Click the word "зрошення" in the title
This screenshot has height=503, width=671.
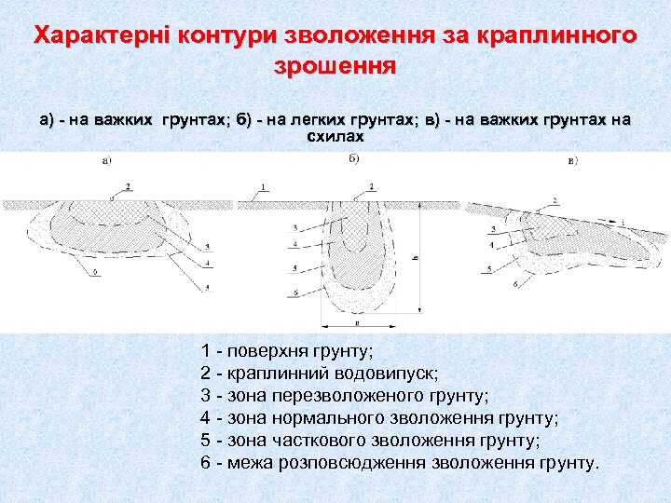click(335, 67)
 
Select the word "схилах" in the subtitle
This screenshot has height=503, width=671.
click(335, 136)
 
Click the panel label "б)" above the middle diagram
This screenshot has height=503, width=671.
click(354, 158)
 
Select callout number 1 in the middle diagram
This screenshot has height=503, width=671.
click(264, 186)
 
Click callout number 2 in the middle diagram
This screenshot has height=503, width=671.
click(372, 187)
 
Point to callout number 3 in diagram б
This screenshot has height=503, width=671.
click(294, 226)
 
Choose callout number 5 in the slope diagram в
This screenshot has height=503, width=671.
click(490, 268)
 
